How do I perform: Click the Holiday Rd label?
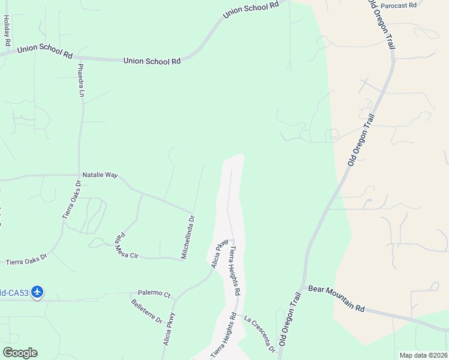[7, 30]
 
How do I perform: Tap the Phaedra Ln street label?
[80, 80]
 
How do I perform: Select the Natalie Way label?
[100, 175]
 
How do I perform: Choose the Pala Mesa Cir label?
[127, 245]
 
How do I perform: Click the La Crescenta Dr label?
[260, 332]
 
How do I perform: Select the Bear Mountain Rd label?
[336, 298]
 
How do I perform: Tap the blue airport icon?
[38, 292]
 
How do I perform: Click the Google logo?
[20, 353]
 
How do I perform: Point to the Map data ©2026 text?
[423, 355]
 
